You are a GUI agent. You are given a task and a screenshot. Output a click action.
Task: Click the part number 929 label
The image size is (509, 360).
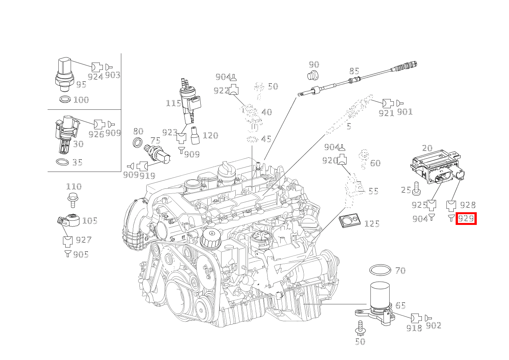tap(466, 219)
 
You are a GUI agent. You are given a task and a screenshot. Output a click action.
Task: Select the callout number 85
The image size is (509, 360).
tap(354, 71)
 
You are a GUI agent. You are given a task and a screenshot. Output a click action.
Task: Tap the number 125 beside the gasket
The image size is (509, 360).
tap(372, 223)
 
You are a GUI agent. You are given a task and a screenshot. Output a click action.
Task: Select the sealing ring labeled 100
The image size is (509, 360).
tap(65, 100)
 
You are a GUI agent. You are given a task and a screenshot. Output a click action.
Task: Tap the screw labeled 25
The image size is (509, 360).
tap(417, 189)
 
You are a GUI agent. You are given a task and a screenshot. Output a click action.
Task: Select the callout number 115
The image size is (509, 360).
tap(173, 103)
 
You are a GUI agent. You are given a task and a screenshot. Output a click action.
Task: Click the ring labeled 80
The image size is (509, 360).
tap(137, 142)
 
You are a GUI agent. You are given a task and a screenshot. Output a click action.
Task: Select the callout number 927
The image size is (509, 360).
tap(83, 240)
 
